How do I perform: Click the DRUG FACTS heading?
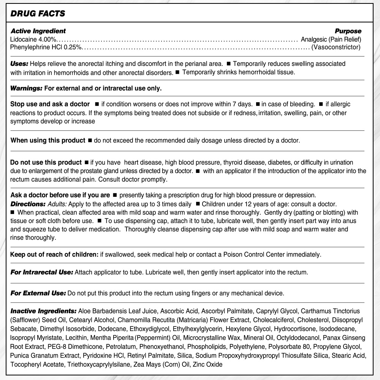point(38,14)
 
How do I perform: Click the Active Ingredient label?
point(38,31)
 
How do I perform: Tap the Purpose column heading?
point(348,31)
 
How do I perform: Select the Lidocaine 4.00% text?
point(34,39)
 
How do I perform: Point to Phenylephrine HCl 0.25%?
point(46,47)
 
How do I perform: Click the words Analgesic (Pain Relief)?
point(331,39)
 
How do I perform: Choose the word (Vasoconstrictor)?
point(336,47)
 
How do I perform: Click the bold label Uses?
point(19,63)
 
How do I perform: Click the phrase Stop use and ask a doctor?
point(50,104)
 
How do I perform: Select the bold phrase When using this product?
point(47,140)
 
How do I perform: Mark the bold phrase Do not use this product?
point(46,163)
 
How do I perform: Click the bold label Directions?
point(28,204)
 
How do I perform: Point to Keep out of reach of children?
point(54,254)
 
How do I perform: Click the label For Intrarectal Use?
point(42,272)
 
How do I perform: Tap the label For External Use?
point(38,293)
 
